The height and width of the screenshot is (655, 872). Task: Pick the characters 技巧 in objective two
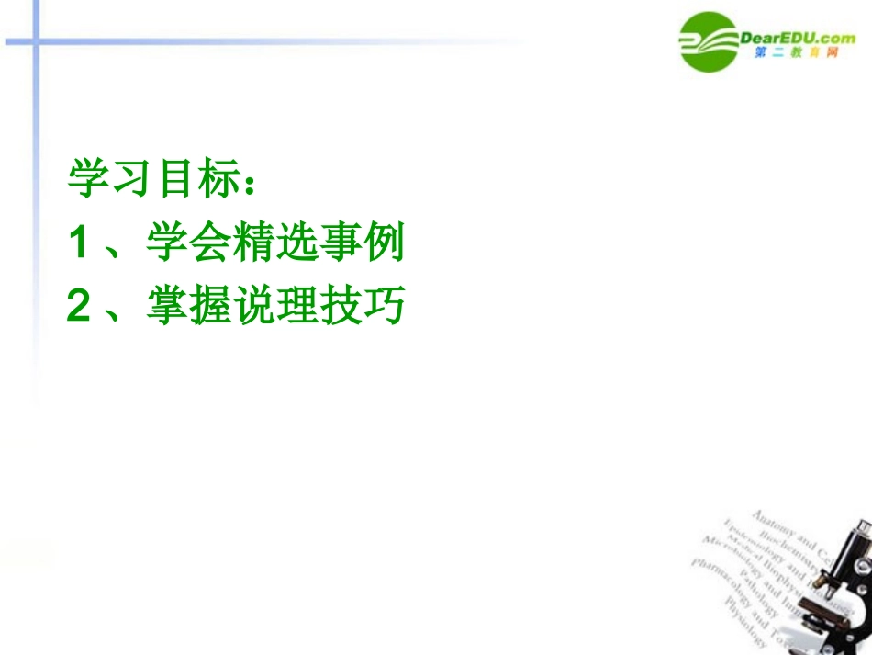click(x=360, y=308)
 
